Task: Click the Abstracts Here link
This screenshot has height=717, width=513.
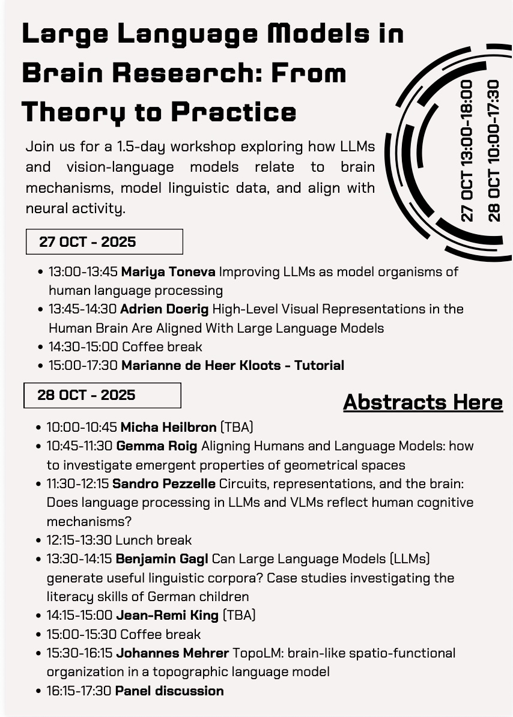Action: click(x=422, y=402)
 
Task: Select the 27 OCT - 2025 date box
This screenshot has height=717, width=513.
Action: click(x=104, y=242)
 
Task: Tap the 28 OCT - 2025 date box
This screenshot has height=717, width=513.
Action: click(x=102, y=395)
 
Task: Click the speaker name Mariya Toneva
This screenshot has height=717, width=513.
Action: click(x=168, y=271)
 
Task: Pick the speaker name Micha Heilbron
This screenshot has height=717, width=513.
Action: click(x=168, y=428)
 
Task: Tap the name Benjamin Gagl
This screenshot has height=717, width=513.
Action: click(x=162, y=559)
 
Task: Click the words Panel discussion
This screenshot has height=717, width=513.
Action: click(x=169, y=691)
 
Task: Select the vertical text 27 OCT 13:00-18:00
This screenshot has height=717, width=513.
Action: click(x=467, y=150)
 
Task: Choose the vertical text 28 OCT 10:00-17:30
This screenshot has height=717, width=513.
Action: click(x=494, y=150)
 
